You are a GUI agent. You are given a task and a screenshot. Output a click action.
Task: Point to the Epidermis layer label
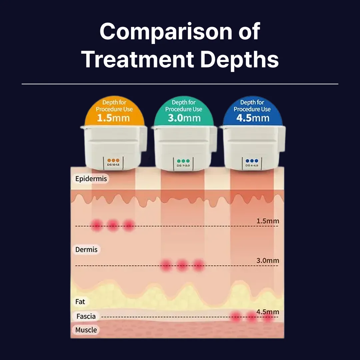91,179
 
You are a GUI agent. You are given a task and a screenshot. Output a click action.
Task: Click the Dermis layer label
86,250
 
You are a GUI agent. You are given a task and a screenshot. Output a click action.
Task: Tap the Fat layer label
80,302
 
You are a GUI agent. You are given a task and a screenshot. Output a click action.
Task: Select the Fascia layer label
86,316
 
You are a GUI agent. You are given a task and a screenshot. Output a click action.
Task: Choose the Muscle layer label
86,330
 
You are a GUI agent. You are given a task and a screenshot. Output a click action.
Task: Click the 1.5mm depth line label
268,221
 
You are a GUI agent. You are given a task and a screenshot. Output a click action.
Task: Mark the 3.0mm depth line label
268,261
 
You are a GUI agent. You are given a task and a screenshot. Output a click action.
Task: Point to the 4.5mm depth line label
268,312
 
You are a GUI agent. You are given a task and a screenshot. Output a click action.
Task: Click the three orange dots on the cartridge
113,161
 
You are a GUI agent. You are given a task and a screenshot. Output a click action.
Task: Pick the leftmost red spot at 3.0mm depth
166,265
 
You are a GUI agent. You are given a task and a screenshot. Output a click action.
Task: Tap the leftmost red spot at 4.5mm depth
236,316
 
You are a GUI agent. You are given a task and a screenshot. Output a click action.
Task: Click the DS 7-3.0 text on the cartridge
183,166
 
